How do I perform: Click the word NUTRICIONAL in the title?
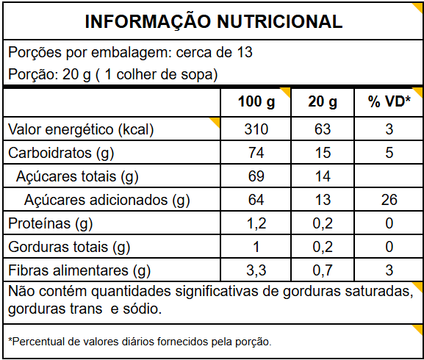(x=280, y=21)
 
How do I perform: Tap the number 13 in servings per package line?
(x=245, y=52)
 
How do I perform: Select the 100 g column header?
(x=256, y=102)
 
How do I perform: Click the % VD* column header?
(x=389, y=101)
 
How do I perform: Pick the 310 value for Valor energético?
(x=256, y=129)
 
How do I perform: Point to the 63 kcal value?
(x=323, y=129)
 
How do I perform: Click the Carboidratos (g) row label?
(x=61, y=153)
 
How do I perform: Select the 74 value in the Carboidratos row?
(x=256, y=152)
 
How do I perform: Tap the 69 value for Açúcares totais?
(x=256, y=176)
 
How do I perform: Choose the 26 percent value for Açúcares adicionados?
(x=389, y=199)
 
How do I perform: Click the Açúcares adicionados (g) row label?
(x=107, y=200)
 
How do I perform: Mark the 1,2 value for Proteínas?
(x=256, y=223)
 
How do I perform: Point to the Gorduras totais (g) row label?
(x=69, y=247)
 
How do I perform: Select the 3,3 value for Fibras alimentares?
(x=256, y=270)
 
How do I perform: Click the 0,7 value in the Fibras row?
(x=323, y=270)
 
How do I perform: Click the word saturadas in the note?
(x=379, y=292)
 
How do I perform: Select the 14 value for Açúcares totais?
(x=323, y=176)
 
